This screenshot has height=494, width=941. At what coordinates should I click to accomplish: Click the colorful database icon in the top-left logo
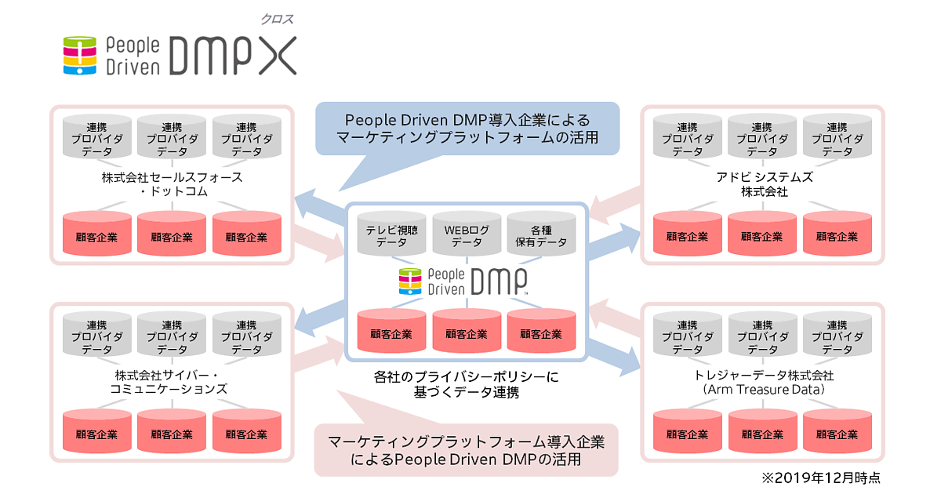[x=79, y=56]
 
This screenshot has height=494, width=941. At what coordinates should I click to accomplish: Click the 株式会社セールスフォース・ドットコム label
[x=172, y=184]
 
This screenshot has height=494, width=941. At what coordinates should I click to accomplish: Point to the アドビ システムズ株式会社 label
[x=763, y=184]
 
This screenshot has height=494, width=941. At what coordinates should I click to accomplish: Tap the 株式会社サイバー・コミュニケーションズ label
[x=172, y=382]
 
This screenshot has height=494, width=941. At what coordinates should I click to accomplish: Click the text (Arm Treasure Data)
[x=763, y=389]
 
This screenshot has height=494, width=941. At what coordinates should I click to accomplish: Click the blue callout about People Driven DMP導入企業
[x=467, y=129]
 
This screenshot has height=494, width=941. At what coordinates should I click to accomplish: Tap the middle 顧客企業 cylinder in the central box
[x=466, y=332]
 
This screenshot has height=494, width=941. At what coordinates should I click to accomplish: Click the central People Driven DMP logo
[x=464, y=281]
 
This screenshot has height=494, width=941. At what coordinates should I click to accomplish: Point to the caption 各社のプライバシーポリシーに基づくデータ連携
[x=466, y=384]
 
